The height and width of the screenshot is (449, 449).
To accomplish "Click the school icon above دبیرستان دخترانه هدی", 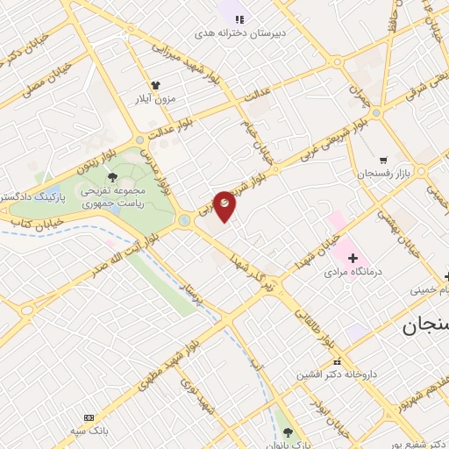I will [x=239, y=18].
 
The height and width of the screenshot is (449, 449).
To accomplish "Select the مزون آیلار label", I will [x=155, y=98].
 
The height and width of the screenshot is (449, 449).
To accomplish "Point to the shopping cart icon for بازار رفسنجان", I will [x=383, y=160].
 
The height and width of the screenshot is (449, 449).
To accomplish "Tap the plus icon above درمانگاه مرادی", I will [x=353, y=258].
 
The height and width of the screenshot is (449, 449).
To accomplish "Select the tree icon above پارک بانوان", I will [x=289, y=431].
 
